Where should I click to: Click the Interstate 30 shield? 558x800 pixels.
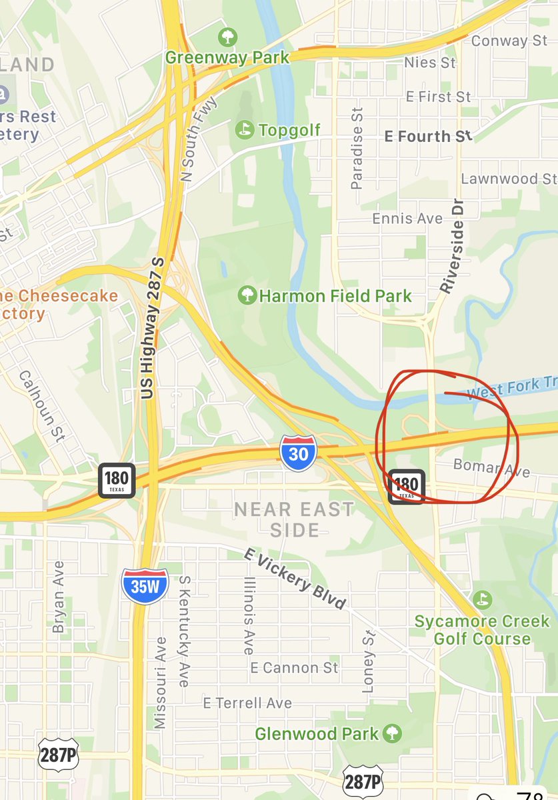[x=298, y=451]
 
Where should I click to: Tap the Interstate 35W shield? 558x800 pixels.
[x=144, y=586]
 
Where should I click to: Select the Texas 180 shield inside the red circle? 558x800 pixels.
[x=406, y=486]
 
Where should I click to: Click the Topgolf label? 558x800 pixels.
[x=289, y=130]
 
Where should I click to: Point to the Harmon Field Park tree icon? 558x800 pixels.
[x=247, y=295]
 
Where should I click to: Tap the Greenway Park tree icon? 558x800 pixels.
[x=228, y=35]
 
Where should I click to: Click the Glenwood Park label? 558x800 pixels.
[x=317, y=734]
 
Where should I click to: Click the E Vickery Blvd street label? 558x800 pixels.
[x=295, y=578]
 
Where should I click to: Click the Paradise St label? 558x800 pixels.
[x=357, y=149]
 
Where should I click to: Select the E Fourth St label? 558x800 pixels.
[x=429, y=136]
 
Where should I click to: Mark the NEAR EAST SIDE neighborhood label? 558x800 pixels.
[x=294, y=519]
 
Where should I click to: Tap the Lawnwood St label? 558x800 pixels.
[x=509, y=179]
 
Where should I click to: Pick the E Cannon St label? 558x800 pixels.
[x=294, y=667]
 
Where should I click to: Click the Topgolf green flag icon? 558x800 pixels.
[x=245, y=129]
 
